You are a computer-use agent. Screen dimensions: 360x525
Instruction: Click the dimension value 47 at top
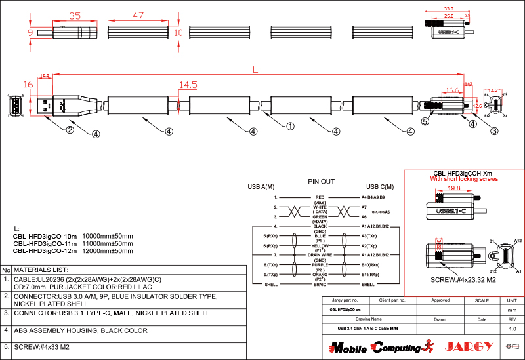click(138, 15)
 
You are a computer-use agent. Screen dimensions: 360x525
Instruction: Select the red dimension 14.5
click(188, 85)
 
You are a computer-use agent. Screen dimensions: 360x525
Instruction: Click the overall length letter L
click(255, 70)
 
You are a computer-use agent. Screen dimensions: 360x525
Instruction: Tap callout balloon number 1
click(289, 125)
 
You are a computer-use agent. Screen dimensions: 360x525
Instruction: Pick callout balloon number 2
click(70, 130)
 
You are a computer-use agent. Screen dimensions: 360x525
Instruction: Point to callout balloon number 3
click(494, 130)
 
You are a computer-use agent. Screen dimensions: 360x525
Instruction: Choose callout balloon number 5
click(425, 121)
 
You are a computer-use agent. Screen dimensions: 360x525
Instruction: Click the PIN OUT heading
click(321, 181)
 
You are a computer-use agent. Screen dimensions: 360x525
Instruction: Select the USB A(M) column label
click(261, 187)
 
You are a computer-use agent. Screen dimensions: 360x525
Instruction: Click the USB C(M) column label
click(379, 187)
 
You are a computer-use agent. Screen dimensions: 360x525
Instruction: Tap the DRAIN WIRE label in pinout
click(320, 254)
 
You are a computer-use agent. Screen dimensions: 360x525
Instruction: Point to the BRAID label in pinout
click(320, 285)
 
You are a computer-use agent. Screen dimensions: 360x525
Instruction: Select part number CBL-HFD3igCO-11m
click(45, 243)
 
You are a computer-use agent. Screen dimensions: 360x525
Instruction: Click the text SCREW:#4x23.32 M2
click(463, 280)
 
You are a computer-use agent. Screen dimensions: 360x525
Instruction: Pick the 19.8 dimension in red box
click(453, 188)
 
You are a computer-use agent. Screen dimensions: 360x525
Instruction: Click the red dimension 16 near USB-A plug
click(28, 84)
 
